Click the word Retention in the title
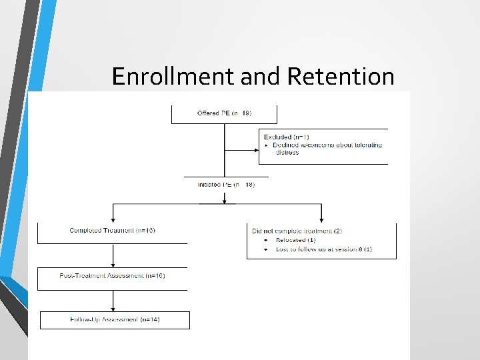341,77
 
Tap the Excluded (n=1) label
286,137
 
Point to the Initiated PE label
225,185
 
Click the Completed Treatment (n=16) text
112,231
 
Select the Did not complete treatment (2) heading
297,231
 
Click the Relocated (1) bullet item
293,240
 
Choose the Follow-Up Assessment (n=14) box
115,320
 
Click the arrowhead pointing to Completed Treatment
113,220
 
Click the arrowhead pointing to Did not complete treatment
321,220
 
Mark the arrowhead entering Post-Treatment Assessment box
113,265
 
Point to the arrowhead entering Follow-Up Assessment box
113,309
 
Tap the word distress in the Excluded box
287,153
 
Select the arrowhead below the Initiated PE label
224,199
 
